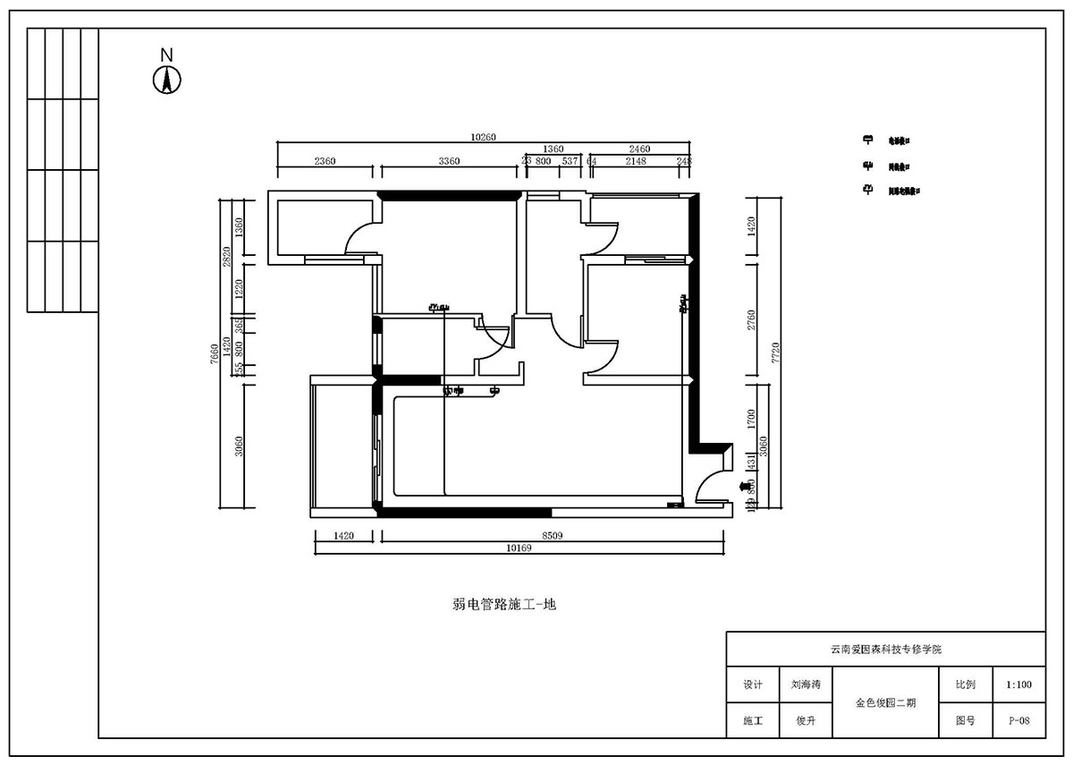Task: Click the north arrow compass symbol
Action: [x=166, y=80]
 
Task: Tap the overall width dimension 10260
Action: [x=483, y=137]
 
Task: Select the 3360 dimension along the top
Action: [x=448, y=161]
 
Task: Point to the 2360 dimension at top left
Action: [x=325, y=161]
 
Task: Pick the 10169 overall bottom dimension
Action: [x=519, y=548]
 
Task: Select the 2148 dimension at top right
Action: [x=636, y=161]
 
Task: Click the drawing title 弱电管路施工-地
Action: [x=504, y=605]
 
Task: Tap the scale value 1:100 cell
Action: [x=1018, y=685]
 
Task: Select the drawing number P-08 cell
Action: [x=1018, y=720]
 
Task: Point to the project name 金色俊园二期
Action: [x=884, y=703]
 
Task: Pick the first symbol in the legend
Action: [x=866, y=140]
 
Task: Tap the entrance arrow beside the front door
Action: [x=746, y=486]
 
